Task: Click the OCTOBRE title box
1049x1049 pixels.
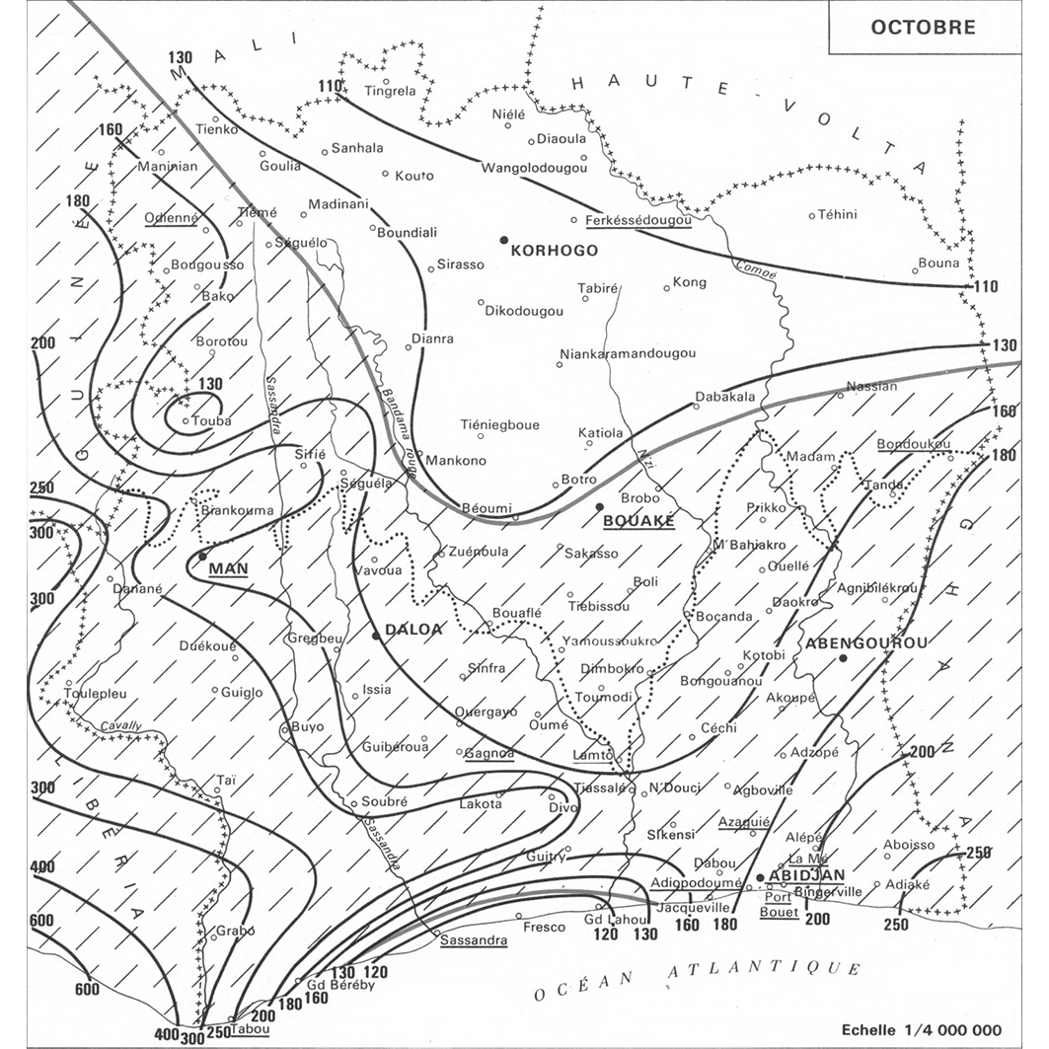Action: [923, 26]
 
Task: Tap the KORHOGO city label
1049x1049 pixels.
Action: [554, 251]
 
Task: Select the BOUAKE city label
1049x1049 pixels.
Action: [637, 520]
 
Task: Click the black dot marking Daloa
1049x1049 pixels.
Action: [376, 637]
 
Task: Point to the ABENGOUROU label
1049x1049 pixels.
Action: [866, 642]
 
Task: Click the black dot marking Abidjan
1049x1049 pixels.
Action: [760, 877]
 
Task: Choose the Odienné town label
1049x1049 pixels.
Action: [172, 219]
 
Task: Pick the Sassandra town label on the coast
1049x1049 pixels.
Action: [474, 939]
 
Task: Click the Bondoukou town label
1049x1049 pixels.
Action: [913, 444]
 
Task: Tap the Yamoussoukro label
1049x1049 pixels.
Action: [609, 640]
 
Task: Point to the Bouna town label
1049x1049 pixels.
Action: [937, 262]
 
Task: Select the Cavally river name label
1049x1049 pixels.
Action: [120, 727]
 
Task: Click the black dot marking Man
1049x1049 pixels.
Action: [202, 556]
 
